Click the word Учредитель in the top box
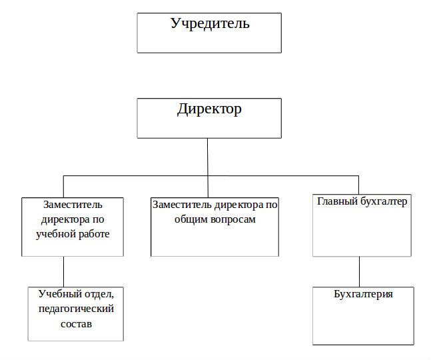[x=210, y=25]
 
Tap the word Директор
[x=209, y=109]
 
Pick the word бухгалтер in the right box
[x=383, y=201]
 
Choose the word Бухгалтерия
[x=363, y=294]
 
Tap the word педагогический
[x=76, y=309]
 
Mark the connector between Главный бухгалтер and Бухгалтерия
[x=360, y=271]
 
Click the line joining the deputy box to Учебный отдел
[x=63, y=271]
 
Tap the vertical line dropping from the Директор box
[x=208, y=157]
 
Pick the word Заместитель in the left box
[x=73, y=204]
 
